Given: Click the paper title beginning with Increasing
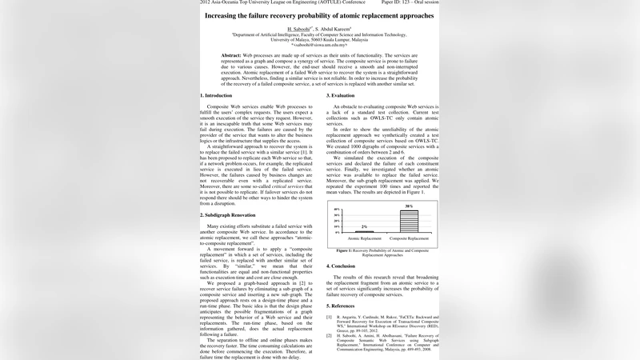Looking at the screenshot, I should coord(319,15).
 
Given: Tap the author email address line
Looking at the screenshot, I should coord(319,45).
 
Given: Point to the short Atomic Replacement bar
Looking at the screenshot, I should coord(364,232).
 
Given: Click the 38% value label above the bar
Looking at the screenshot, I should coord(409,206).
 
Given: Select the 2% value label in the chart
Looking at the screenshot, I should coord(364,227).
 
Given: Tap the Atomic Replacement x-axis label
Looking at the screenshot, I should coord(364,238).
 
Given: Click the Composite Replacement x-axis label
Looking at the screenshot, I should coord(409,238).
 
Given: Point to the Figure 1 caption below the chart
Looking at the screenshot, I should coord(383,252).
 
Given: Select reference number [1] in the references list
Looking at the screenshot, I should coord(329,317).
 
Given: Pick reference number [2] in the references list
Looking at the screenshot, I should coord(329,334).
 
